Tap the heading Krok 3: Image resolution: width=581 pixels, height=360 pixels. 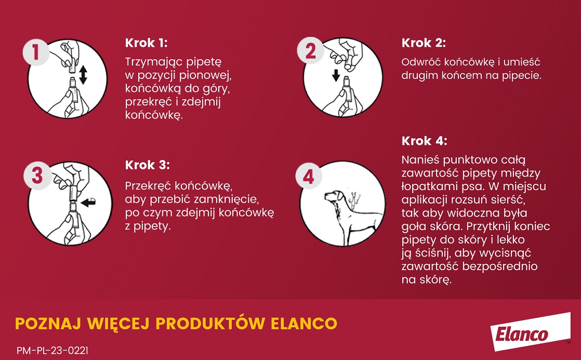coord(148,165)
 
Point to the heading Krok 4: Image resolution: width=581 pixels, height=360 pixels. coord(424,141)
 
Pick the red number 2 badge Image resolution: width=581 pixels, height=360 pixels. coord(310,52)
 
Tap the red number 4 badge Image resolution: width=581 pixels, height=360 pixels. coord(309,177)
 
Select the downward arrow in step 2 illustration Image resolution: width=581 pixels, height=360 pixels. coord(336,76)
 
